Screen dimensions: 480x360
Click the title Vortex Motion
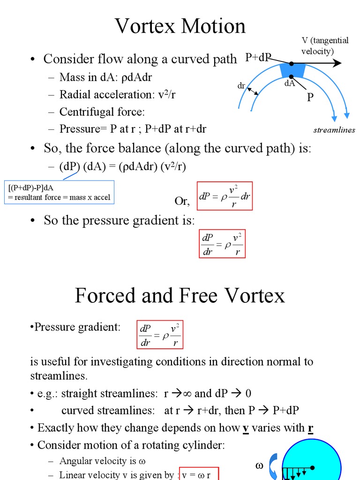(180, 26)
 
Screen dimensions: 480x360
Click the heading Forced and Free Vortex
(180, 296)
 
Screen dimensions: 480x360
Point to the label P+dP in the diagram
(258, 58)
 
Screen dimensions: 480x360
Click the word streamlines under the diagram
(334, 130)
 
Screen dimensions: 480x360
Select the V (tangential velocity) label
(324, 45)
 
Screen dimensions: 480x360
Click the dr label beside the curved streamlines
(241, 86)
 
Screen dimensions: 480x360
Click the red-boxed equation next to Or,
(225, 195)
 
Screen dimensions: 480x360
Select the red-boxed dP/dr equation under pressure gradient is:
(222, 244)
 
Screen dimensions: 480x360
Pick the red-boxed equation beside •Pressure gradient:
(159, 335)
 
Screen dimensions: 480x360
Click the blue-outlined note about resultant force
(59, 193)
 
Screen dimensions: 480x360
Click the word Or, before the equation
(182, 201)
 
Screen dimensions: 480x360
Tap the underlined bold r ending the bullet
(310, 427)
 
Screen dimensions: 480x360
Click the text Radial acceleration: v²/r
(117, 94)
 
